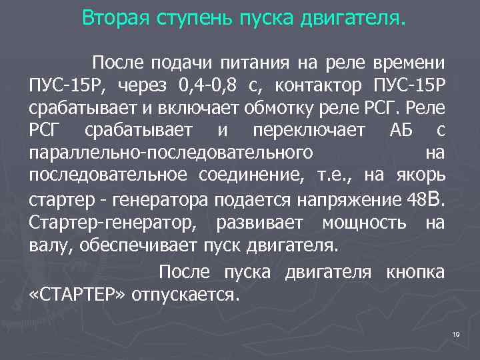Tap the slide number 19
(x=456, y=333)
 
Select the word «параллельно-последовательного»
(x=171, y=154)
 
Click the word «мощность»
(x=363, y=222)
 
